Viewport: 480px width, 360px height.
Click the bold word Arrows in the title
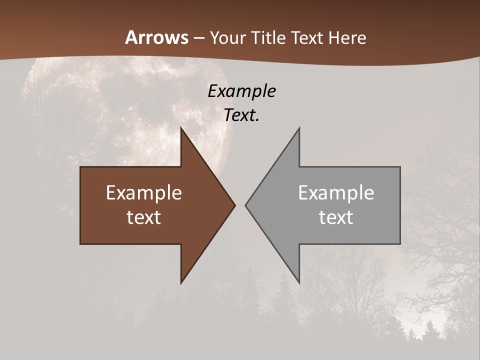(156, 37)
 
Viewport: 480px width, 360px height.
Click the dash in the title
(198, 38)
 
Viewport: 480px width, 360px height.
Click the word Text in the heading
(308, 38)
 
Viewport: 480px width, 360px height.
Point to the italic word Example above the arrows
(241, 91)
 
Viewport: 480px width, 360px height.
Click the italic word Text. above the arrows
(241, 115)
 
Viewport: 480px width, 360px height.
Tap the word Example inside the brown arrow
(144, 193)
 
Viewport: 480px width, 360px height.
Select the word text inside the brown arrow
(144, 217)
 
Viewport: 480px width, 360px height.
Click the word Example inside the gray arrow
(336, 193)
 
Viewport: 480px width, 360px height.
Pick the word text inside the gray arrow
(336, 217)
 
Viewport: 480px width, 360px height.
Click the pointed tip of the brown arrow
(235, 205)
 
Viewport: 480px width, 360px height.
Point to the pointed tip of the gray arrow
(245, 205)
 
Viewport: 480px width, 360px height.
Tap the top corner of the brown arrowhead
(181, 128)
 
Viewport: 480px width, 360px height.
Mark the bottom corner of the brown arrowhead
(181, 283)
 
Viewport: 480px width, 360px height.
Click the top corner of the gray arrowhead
(299, 128)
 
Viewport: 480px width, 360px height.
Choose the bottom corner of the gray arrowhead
(299, 283)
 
